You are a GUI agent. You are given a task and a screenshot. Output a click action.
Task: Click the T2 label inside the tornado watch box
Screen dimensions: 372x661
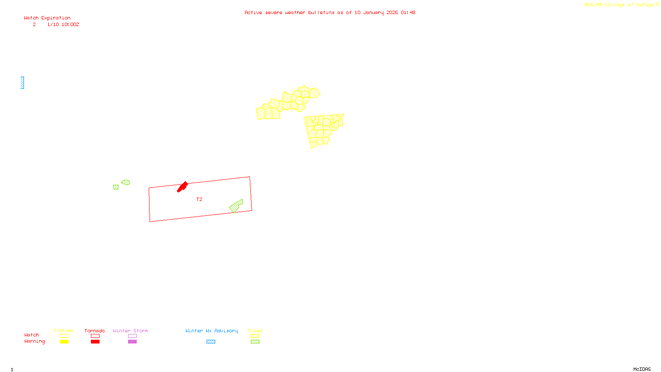[x=199, y=199]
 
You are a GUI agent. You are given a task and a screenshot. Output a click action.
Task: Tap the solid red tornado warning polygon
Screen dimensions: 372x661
[x=182, y=187]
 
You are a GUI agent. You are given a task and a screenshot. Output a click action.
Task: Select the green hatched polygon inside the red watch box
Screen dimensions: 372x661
[x=236, y=206]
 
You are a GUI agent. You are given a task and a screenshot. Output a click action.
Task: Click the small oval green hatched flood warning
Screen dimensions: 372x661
[x=126, y=182]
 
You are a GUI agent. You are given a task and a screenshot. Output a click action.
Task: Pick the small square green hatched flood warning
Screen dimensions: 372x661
[x=116, y=187]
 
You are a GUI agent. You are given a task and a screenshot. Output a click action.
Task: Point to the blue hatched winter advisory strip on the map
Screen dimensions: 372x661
[x=22, y=83]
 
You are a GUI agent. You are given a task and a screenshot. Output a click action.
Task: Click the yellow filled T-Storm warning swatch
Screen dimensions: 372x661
[x=64, y=342]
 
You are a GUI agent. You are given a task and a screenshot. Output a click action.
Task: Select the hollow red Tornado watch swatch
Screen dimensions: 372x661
[x=95, y=336]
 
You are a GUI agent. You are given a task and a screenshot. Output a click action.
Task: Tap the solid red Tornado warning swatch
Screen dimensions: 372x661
[x=95, y=342]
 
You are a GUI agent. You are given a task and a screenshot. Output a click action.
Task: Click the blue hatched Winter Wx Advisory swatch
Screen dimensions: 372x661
[x=211, y=342]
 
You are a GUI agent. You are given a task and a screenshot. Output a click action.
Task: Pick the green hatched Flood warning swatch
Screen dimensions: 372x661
[x=255, y=342]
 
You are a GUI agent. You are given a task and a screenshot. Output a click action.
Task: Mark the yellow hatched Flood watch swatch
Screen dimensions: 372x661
[x=255, y=336]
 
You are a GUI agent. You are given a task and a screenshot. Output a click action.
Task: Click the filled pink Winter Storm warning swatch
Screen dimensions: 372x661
[x=132, y=342]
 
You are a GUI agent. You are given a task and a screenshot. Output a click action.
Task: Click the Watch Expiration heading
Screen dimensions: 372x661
[x=47, y=18]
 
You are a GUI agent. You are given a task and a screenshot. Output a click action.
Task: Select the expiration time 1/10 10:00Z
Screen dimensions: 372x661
[x=63, y=25]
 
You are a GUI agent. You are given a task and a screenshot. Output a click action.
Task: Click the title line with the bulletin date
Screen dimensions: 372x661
[x=330, y=12]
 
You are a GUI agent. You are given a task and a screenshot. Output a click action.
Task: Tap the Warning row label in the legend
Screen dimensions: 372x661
[x=34, y=341]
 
